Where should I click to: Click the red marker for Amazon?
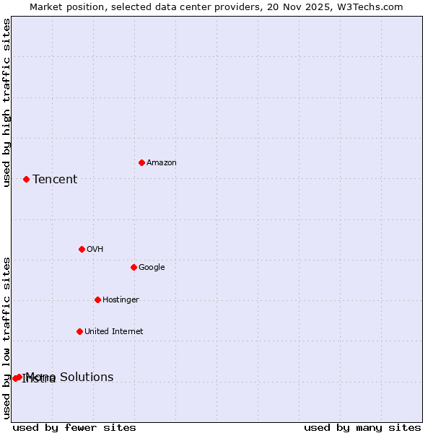(141, 162)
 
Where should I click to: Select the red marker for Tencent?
(26, 179)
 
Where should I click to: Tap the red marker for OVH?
(82, 249)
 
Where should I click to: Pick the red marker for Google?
(134, 267)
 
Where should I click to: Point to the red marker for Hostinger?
(97, 299)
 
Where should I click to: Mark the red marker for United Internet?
(79, 331)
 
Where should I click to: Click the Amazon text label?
(161, 163)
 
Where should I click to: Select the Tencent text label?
(55, 180)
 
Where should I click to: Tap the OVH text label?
(95, 250)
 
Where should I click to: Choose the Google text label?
(152, 268)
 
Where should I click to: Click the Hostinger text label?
(121, 300)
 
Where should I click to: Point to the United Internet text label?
(113, 332)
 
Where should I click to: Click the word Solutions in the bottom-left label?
(86, 377)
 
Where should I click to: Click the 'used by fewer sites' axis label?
(74, 428)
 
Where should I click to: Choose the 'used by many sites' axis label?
(362, 428)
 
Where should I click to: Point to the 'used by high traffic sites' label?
(6, 103)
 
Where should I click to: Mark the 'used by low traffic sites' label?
(6, 338)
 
